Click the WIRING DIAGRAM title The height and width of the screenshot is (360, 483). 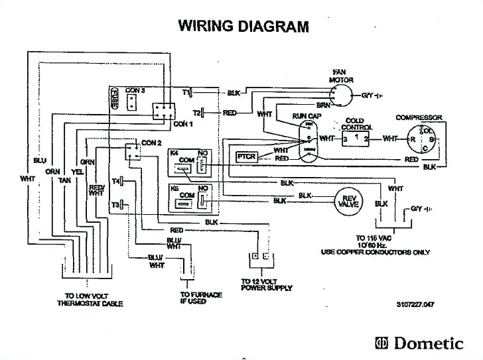[243, 27]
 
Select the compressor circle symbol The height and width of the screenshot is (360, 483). [422, 139]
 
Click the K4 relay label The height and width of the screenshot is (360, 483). [174, 153]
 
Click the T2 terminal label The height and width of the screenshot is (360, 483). [196, 113]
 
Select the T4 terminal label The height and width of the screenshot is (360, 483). [116, 181]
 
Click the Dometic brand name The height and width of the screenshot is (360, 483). [428, 343]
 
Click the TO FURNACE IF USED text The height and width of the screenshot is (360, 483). [201, 298]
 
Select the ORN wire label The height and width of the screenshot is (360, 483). [52, 172]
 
